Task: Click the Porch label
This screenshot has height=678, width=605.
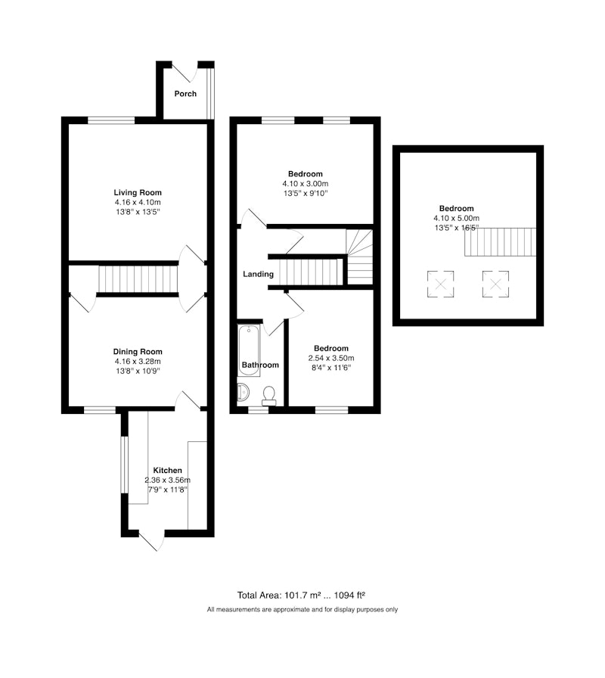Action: pos(185,93)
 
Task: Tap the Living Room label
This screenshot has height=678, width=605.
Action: pos(138,192)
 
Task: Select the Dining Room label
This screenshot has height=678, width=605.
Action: pos(138,352)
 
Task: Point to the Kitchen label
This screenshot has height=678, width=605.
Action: pos(168,470)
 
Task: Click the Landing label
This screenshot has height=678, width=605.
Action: pos(258,274)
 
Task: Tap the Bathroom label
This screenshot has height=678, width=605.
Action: pos(260,365)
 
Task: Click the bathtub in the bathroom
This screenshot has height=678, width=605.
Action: pos(249,350)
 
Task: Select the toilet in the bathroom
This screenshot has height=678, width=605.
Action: pos(269,396)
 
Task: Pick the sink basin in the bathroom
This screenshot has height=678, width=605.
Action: pos(244,393)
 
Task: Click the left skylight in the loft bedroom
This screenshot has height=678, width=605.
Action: pos(440,284)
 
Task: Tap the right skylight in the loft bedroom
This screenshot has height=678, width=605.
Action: pos(495,284)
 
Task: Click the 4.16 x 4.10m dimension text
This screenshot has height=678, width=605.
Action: pos(138,202)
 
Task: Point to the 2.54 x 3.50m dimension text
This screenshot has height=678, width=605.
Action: pos(331,358)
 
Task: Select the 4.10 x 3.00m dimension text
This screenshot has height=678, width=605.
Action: pos(306,184)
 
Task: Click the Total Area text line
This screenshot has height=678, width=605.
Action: pos(301,596)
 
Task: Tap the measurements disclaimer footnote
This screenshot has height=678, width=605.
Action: pos(302,610)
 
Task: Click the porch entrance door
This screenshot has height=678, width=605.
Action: pos(185,72)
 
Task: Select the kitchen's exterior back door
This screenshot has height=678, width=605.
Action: pos(152,541)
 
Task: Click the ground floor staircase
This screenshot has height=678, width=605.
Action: pos(138,279)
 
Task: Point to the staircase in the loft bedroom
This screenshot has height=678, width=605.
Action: pos(501,242)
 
